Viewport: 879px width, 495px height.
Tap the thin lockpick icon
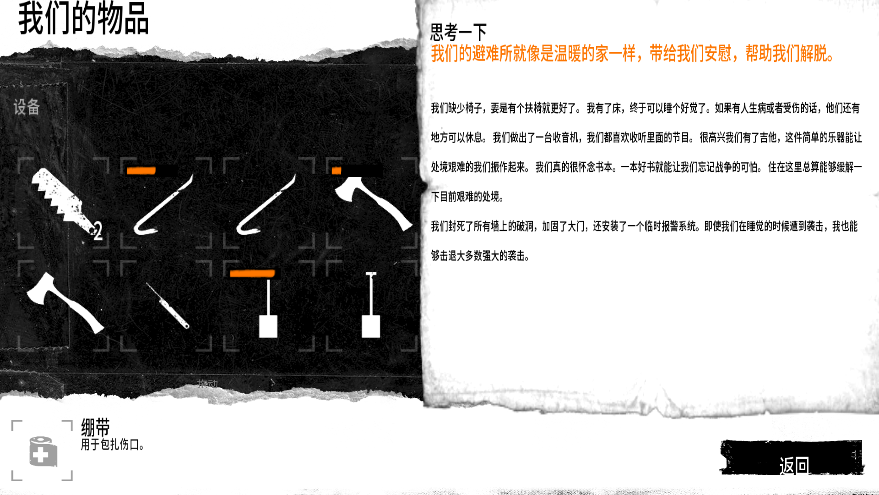[167, 305]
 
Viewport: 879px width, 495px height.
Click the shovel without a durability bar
[371, 305]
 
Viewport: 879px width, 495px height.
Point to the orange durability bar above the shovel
[252, 274]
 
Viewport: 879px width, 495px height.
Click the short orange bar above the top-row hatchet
[336, 171]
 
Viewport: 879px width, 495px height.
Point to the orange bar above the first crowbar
[141, 171]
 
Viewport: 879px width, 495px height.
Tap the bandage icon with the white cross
[43, 451]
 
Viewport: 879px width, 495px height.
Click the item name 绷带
[95, 427]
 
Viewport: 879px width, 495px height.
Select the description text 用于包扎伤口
[112, 445]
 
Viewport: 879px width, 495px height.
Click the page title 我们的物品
[83, 18]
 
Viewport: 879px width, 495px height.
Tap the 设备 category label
[27, 107]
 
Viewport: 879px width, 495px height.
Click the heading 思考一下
[458, 32]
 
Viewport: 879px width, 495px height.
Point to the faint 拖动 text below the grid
[207, 384]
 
